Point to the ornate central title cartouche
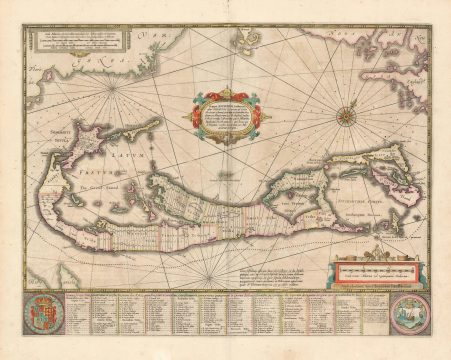pyautogui.click(x=226, y=112)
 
